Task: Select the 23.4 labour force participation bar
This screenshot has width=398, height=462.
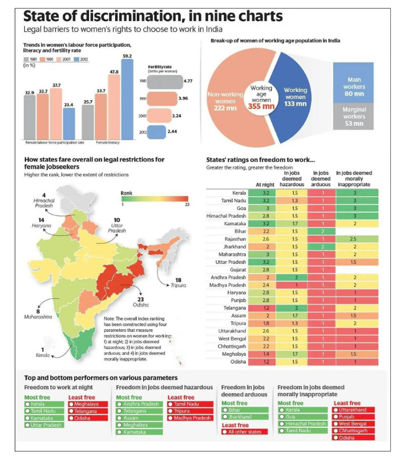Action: coord(69,123)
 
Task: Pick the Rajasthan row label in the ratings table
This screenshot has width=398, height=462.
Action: coord(235,239)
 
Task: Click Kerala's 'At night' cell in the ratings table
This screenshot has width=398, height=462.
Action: coord(266,193)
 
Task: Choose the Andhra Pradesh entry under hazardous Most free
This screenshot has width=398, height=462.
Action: coord(140,404)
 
